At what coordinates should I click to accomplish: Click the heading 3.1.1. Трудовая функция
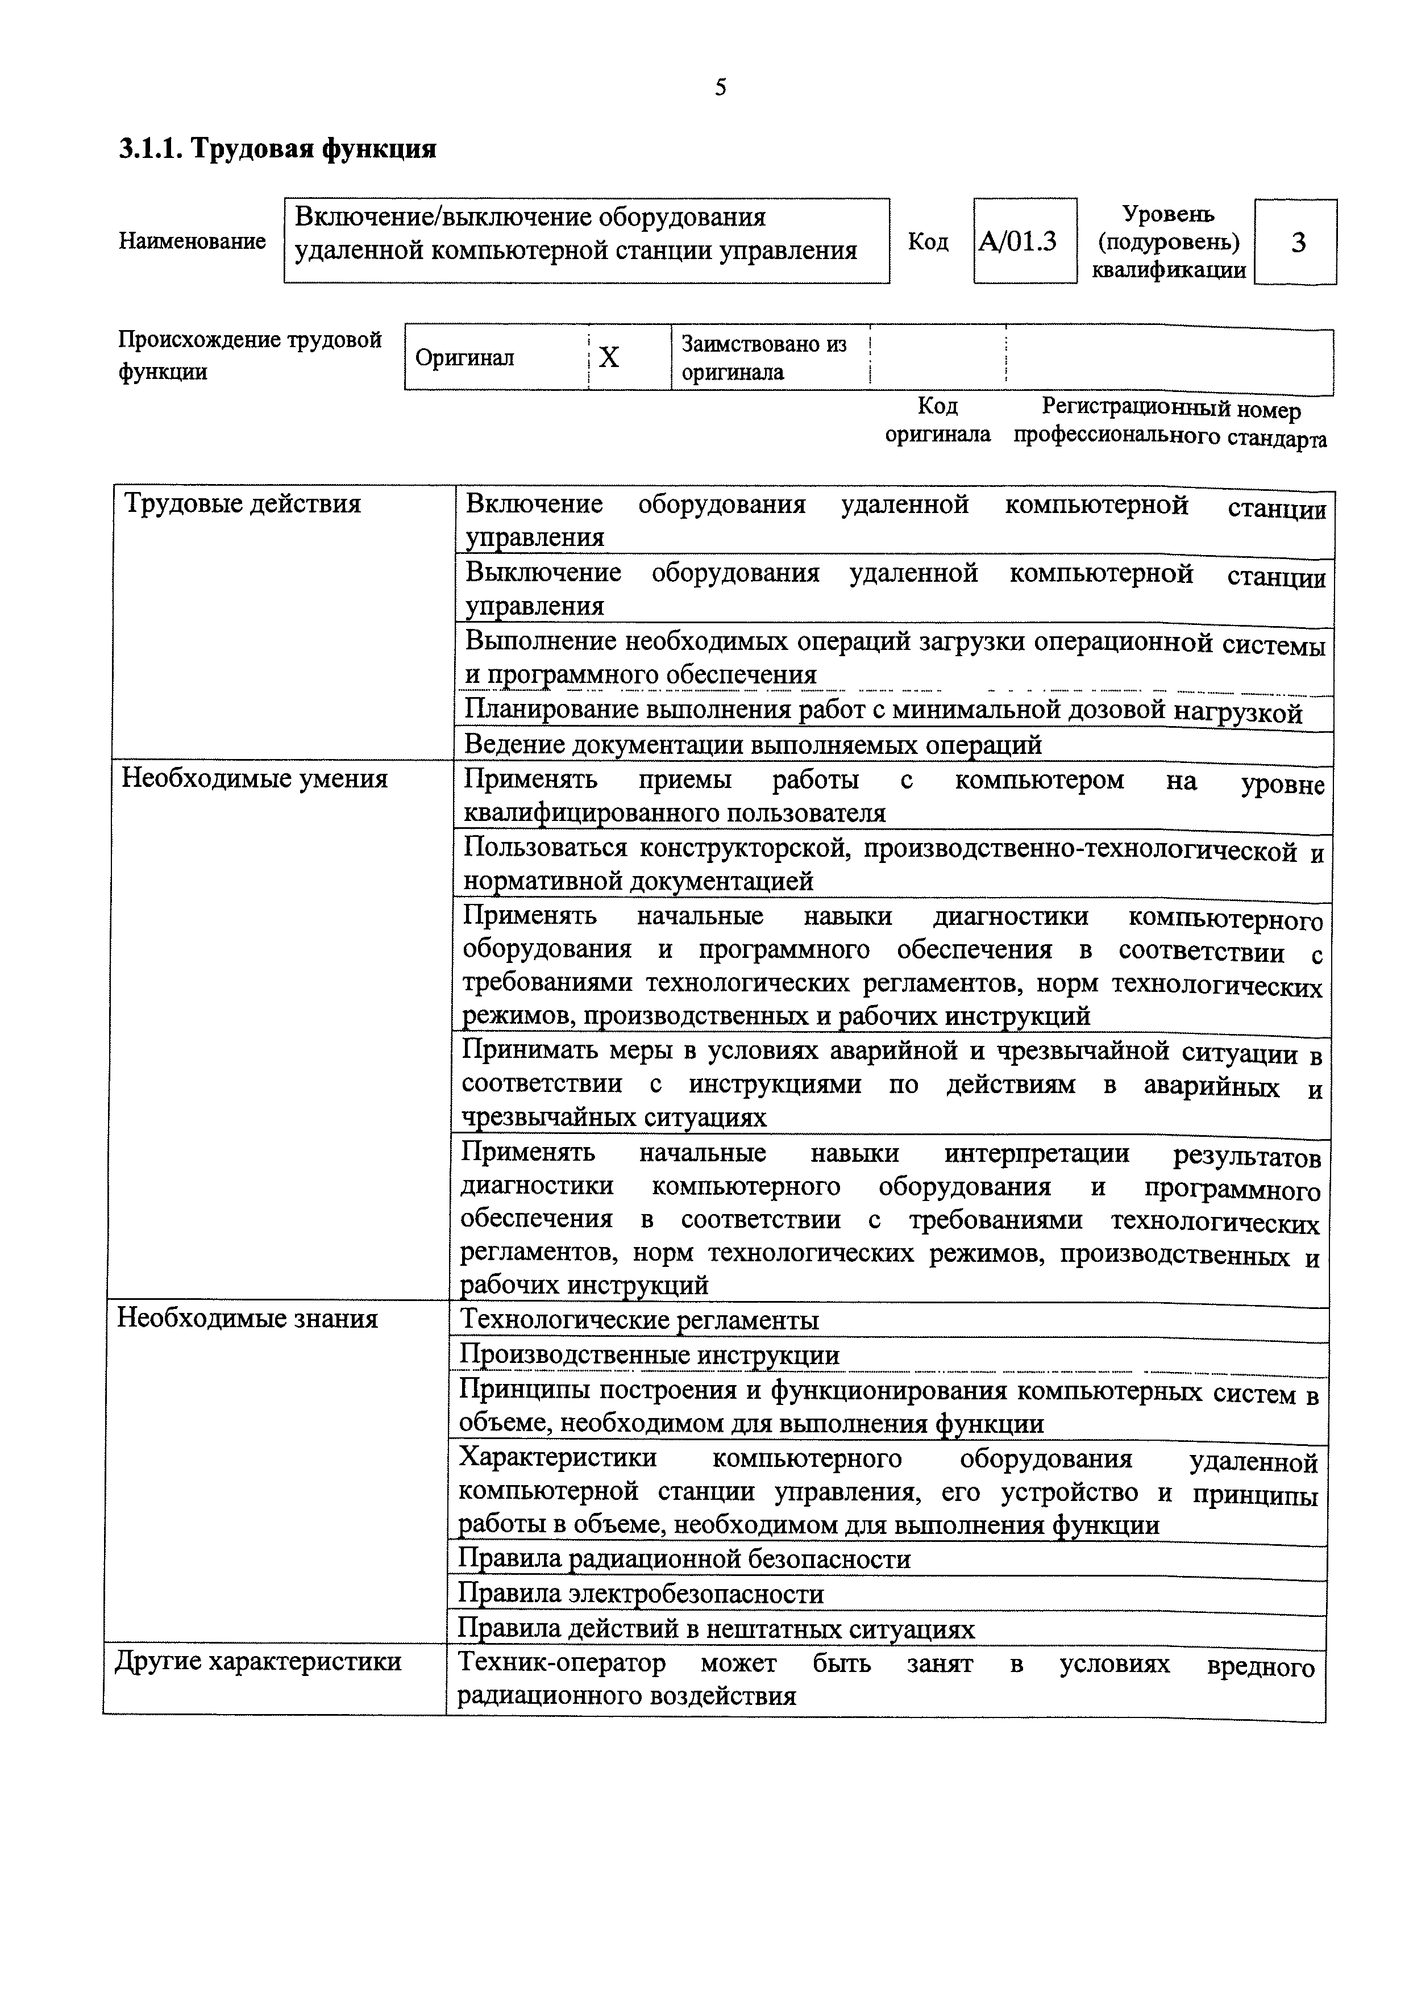(x=278, y=149)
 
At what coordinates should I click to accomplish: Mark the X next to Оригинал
(x=609, y=357)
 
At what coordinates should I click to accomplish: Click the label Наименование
(x=192, y=241)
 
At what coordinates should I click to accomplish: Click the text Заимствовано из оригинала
(x=763, y=357)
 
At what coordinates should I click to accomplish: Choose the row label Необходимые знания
(x=247, y=1319)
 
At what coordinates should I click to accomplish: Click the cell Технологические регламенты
(x=638, y=1320)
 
